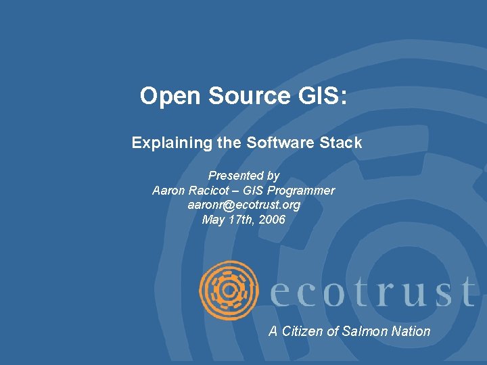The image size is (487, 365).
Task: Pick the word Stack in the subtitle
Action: (342, 143)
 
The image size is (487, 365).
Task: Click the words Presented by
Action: (243, 176)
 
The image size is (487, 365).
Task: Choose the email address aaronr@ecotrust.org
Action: (244, 205)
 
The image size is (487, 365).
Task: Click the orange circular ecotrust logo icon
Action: (229, 289)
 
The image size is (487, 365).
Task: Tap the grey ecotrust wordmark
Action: (371, 292)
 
